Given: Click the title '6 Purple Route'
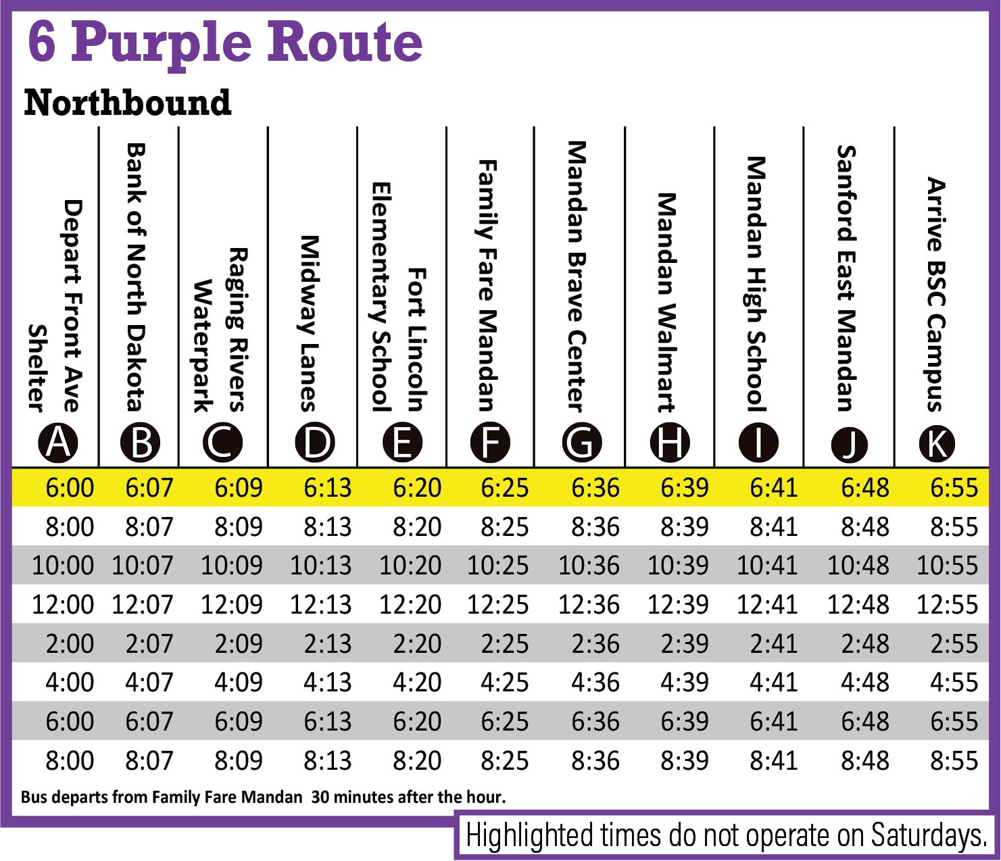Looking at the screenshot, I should pos(225,42).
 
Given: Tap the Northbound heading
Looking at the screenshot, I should pos(127,103).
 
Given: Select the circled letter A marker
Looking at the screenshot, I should pos(58,443).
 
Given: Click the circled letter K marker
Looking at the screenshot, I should pos(937,443).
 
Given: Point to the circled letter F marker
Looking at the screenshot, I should pos(491,443).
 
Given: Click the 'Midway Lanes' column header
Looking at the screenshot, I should pos(309,323).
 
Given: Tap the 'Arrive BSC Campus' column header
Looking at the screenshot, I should pos(935,294).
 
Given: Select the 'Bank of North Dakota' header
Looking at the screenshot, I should pos(137,277).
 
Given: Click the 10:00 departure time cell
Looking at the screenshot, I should pos(63,566).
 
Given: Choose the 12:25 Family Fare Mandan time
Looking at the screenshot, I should pos(498,605).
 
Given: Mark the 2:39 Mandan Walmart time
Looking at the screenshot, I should pos(685,644).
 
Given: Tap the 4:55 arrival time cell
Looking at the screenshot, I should pos(954,683).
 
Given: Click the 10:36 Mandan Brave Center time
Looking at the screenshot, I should pos(589,566).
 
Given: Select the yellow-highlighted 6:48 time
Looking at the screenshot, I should pos(864,488).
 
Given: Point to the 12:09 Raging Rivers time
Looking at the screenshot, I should pos(231,605).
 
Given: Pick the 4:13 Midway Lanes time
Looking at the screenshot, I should pos(328,683).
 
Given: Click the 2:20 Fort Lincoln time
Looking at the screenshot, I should pos(417,644).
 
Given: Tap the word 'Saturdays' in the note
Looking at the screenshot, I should pos(928,835).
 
